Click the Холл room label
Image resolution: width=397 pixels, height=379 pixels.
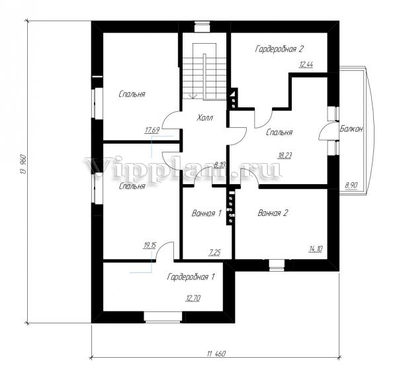coord(204,118)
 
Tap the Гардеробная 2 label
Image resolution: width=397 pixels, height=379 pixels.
coord(279,48)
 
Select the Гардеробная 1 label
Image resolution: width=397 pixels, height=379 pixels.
coord(191,276)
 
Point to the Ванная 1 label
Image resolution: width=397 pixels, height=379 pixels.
coord(206,213)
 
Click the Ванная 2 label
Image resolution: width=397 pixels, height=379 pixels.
coord(273,213)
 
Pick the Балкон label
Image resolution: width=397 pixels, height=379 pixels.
coord(351,129)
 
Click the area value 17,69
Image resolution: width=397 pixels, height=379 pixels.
coord(152,131)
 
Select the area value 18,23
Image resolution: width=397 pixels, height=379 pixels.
coord(285,155)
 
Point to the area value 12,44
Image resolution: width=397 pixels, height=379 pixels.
coord(306,65)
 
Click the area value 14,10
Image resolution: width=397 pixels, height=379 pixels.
coord(316,249)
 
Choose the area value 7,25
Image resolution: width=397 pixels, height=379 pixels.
coord(214,252)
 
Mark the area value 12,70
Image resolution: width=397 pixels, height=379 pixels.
coord(193,298)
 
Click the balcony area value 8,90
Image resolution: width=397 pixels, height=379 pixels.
coord(351,185)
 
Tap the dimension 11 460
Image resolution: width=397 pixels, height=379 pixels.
coord(216,353)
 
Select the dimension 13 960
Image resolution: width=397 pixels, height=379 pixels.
coord(23,164)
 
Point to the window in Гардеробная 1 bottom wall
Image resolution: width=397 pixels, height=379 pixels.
coord(163,317)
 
